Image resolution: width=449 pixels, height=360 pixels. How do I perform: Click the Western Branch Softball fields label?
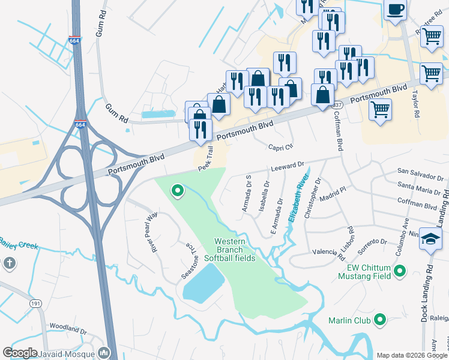coord(238,250)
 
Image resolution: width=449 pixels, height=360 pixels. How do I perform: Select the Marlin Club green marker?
coord(379,320)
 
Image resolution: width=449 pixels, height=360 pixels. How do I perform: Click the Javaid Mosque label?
coord(70,353)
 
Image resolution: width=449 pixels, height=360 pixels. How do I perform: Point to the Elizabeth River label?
coord(298,198)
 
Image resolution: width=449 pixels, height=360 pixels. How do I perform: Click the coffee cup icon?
coord(396,9)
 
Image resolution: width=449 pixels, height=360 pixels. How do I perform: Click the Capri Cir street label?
coord(280,147)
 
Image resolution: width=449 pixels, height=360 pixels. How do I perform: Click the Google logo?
coord(20,353)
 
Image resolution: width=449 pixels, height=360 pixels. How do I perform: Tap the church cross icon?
coord(9,263)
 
